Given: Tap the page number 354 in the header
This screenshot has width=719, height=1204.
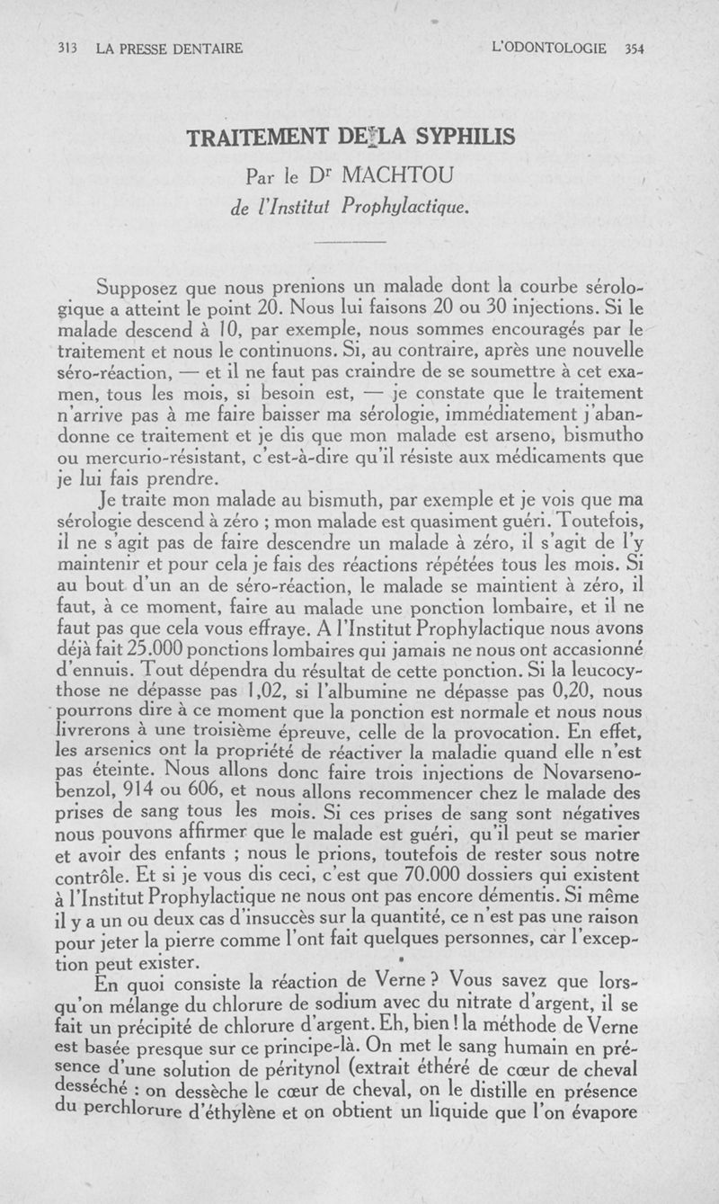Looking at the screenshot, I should pyautogui.click(x=635, y=49).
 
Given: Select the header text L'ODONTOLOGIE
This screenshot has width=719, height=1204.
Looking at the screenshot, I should pyautogui.click(x=550, y=49).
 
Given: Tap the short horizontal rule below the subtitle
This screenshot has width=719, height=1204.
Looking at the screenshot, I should pyautogui.click(x=351, y=242).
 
